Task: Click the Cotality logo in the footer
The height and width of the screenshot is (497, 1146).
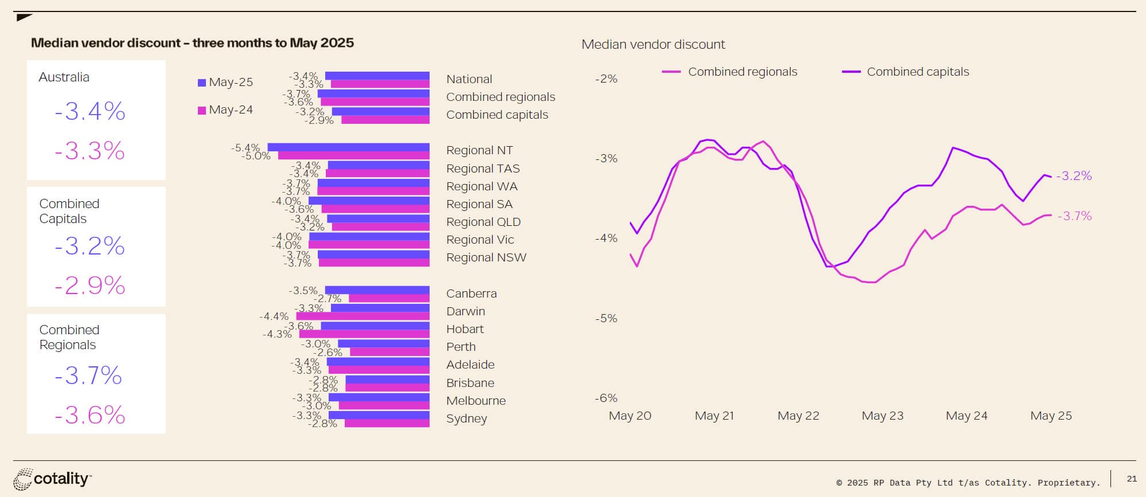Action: click(52, 479)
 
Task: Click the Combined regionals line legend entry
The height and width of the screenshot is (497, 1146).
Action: click(729, 72)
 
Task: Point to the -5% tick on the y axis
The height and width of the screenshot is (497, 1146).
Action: click(606, 318)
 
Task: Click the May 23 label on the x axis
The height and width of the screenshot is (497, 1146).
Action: click(882, 416)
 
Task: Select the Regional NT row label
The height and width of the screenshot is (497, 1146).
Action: click(480, 150)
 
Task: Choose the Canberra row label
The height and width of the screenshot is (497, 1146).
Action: click(471, 293)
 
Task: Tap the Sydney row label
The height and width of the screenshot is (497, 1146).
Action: click(466, 418)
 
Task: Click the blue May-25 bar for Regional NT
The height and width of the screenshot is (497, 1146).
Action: click(348, 147)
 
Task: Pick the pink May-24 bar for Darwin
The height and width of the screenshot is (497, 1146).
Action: click(362, 316)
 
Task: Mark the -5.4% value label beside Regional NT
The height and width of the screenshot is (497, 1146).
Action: click(245, 148)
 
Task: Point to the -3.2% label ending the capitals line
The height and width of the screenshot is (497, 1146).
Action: click(1074, 176)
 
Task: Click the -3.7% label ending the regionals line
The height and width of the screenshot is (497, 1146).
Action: click(1074, 216)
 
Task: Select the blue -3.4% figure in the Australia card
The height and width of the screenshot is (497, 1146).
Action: click(90, 111)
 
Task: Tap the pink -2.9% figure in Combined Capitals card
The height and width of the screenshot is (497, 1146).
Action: click(90, 285)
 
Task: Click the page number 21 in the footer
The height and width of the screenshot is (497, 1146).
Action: click(1132, 479)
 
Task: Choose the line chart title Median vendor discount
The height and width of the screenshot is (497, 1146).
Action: click(653, 45)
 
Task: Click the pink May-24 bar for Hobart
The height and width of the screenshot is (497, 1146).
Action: click(364, 334)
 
